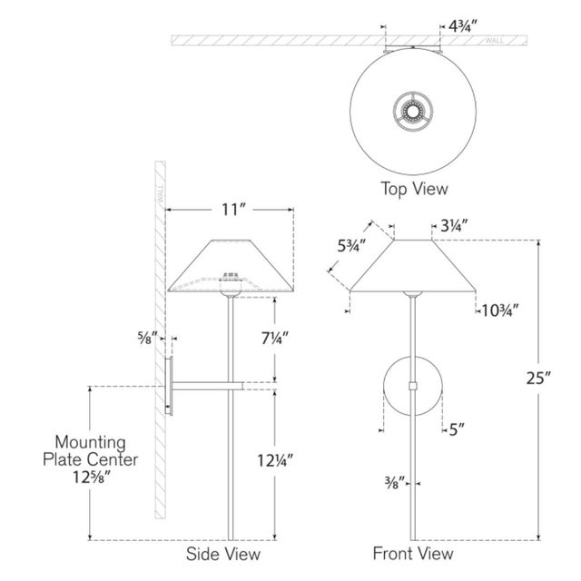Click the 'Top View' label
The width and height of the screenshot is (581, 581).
(413, 189)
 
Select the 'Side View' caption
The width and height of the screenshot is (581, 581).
(223, 553)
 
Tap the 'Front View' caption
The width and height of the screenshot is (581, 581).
(413, 553)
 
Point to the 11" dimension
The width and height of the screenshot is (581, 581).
(233, 209)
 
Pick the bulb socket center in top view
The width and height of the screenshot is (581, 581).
(414, 113)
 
